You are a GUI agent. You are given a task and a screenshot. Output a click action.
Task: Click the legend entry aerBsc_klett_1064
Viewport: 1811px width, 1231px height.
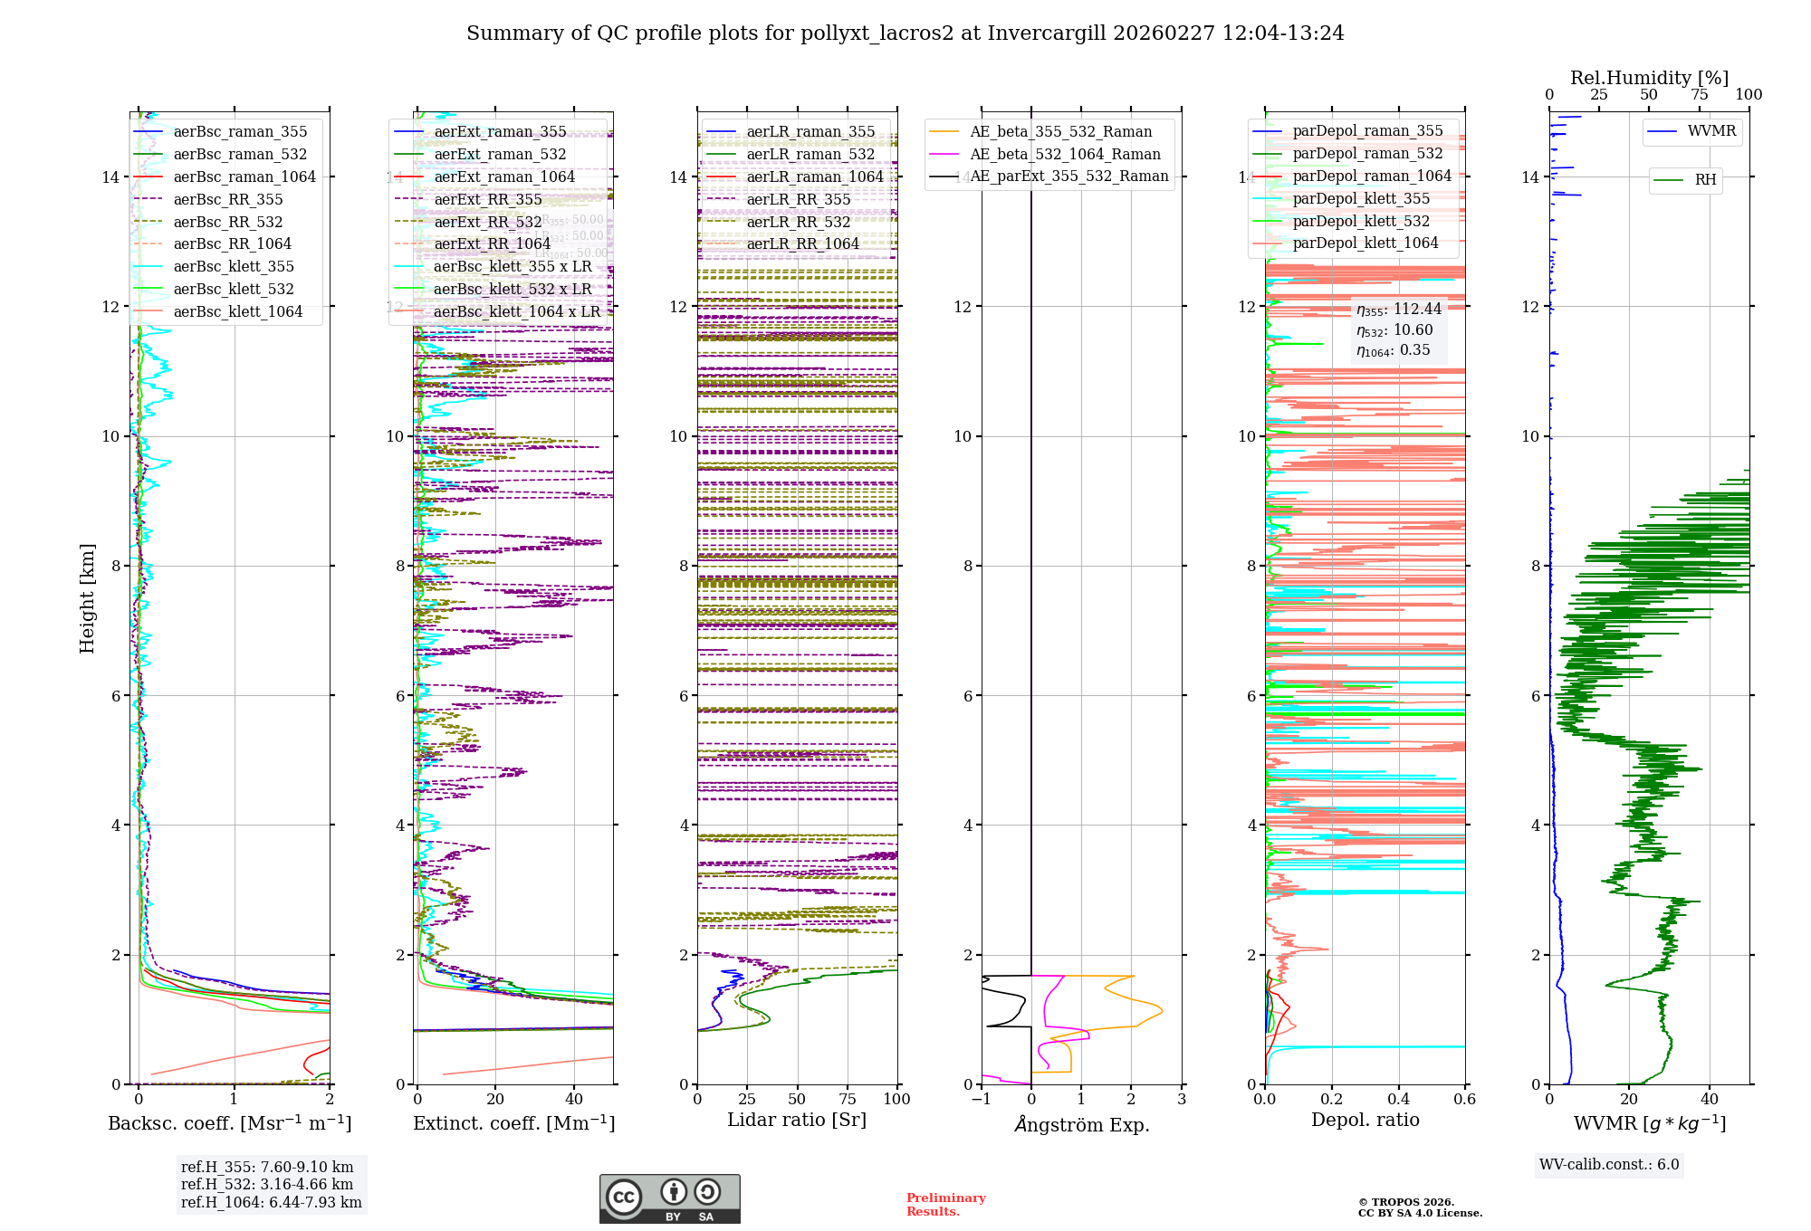[237, 311]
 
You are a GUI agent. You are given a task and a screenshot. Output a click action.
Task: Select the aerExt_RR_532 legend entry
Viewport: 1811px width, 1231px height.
[487, 222]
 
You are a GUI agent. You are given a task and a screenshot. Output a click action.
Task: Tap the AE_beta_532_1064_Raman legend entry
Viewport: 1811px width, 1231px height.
[1064, 154]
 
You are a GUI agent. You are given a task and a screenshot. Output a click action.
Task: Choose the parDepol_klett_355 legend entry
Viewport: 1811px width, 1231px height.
[1360, 198]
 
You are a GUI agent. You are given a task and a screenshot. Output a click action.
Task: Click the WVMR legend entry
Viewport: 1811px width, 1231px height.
[1710, 131]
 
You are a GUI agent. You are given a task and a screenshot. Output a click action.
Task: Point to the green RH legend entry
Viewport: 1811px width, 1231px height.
[1704, 179]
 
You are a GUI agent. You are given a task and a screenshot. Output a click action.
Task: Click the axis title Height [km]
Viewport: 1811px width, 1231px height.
[87, 598]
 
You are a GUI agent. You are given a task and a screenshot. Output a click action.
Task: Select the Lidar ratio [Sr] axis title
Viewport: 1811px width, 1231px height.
[797, 1120]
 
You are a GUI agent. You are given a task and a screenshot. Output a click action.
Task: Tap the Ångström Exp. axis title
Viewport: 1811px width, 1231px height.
[1082, 1124]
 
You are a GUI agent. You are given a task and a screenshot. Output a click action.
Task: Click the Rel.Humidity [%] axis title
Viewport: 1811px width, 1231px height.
[1649, 78]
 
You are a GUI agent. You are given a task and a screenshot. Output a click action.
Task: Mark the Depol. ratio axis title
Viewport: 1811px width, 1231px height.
[1365, 1120]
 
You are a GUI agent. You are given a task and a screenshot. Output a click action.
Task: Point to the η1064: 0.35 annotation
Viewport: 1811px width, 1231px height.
[1393, 350]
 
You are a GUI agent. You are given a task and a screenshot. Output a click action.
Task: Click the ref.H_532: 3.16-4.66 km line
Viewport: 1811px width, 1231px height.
[267, 1184]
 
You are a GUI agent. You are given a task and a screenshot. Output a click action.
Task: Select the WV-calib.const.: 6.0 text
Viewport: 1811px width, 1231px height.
[1609, 1165]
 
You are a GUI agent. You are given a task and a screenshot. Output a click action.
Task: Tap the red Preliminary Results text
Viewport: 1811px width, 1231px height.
[945, 1205]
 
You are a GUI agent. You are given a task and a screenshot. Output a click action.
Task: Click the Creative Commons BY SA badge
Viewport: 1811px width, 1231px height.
[669, 1198]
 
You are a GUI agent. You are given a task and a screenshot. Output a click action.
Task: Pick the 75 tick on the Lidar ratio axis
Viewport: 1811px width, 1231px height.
[848, 1099]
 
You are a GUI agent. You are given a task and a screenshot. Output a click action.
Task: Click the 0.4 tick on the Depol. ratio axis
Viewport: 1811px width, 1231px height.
[1398, 1099]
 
